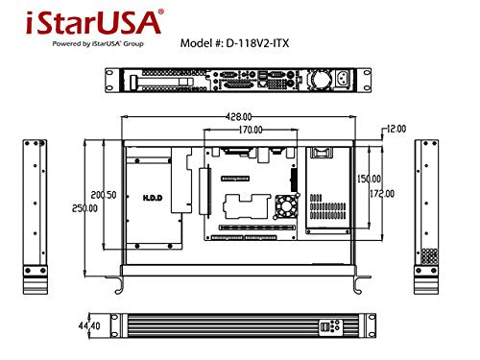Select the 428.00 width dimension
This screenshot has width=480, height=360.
point(239,114)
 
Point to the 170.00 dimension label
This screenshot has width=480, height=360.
point(251,129)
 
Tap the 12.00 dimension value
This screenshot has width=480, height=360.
point(397,128)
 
